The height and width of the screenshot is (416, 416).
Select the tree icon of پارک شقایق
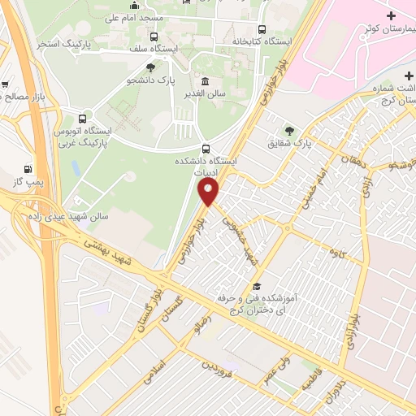[x=289, y=130]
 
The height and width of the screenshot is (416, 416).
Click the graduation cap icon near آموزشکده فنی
[x=257, y=287]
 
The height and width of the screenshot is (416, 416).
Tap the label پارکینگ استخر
[x=60, y=42]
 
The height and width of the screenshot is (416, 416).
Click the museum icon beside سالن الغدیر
[x=203, y=81]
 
